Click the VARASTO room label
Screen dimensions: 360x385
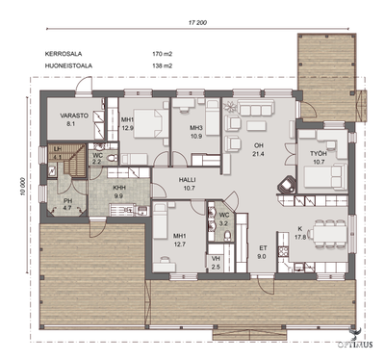(61, 115)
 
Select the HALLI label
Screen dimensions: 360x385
(189, 179)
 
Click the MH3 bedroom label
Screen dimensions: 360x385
(196, 128)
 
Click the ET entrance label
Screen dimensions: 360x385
(262, 248)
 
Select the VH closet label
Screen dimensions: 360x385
(216, 258)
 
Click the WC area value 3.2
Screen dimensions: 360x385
(223, 222)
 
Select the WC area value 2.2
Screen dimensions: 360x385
(97, 163)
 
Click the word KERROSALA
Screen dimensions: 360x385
(64, 53)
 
